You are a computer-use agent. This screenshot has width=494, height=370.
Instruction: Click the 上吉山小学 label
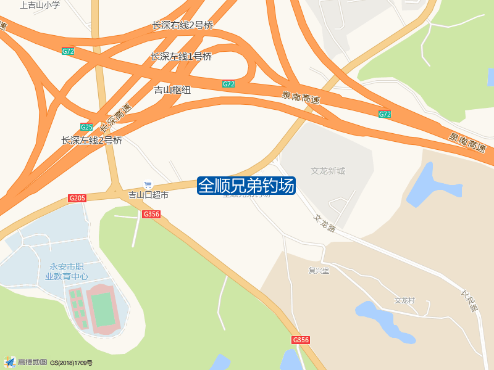click(x=40, y=5)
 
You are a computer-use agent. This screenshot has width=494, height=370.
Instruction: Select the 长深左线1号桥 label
click(x=181, y=57)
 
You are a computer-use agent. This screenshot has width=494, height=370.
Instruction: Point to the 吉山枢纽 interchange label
click(x=172, y=90)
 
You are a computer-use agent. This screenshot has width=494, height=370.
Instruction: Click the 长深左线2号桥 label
click(x=92, y=141)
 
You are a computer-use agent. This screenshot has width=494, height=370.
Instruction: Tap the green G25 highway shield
click(x=86, y=127)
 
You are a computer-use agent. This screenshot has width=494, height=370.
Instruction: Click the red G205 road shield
click(x=77, y=198)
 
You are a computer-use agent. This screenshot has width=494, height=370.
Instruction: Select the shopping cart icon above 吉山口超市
click(x=148, y=185)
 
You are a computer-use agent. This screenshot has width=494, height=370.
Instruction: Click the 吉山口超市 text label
click(x=148, y=195)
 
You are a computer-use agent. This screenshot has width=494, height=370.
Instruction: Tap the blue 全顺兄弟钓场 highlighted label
click(x=246, y=185)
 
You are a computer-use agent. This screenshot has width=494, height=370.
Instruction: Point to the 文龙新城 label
click(x=328, y=171)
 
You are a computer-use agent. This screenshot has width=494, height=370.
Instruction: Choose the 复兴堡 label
click(x=319, y=270)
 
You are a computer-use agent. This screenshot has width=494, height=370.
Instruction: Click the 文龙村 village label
click(x=405, y=301)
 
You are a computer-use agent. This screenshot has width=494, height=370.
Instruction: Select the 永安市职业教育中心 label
click(x=67, y=272)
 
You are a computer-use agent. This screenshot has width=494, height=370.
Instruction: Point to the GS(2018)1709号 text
click(x=71, y=363)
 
